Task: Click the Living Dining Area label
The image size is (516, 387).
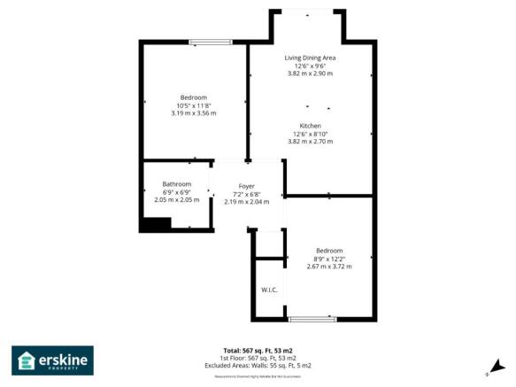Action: coord(310,58)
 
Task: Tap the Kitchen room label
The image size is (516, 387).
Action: coord(310,126)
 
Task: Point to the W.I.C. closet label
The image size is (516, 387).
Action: coord(270,290)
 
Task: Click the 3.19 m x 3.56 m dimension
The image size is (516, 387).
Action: coord(193,113)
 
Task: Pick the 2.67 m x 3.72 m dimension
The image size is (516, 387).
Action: coord(330,267)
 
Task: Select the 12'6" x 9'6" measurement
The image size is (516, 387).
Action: coord(310,66)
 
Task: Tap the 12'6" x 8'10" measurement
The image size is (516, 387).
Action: coord(310,134)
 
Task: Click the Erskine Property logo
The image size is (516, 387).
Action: coord(52,360)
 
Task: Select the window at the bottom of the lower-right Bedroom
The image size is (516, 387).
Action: coord(312,318)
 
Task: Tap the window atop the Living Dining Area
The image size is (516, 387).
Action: coord(307,11)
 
